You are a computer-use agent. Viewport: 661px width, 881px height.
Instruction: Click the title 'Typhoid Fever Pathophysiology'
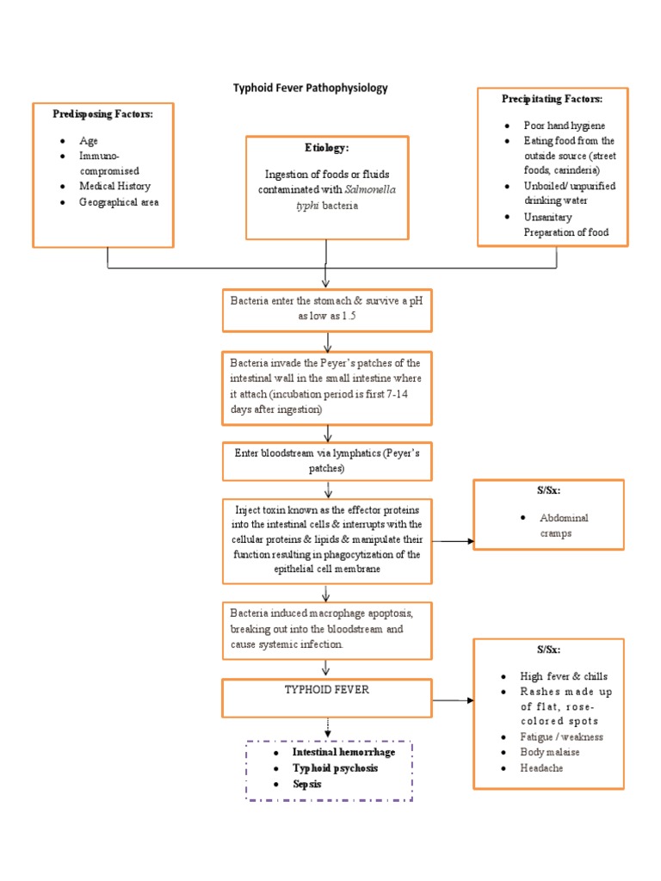[x=311, y=88]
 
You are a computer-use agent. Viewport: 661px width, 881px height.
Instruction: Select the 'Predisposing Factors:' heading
[x=102, y=114]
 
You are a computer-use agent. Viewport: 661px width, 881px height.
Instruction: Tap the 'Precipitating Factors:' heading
[x=552, y=99]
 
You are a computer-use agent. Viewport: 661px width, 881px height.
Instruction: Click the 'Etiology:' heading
[x=326, y=148]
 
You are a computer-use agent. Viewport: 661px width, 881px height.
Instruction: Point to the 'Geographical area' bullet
[x=119, y=202]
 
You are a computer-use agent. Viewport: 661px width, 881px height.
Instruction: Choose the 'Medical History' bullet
[x=114, y=186]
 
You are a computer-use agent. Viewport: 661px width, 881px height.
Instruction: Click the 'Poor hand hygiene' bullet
[x=564, y=126]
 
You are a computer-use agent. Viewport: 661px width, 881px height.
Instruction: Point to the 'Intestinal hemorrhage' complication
[x=343, y=752]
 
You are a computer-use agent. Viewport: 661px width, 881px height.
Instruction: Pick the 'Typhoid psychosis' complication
[x=335, y=767]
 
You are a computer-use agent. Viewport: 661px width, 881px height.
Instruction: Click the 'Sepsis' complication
[x=307, y=784]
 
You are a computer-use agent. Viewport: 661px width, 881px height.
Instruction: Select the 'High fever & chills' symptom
[x=564, y=676]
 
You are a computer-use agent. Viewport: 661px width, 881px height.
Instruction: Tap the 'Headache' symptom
[x=541, y=768]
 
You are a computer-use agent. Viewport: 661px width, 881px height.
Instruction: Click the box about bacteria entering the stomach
[x=326, y=309]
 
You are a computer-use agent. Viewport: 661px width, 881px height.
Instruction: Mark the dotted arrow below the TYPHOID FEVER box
[x=327, y=729]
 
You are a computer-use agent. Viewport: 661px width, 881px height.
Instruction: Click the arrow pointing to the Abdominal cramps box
[x=453, y=541]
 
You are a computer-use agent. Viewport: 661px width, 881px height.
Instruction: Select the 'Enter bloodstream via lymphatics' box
[x=326, y=460]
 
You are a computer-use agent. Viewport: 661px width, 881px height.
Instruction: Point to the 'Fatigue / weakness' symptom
[x=561, y=737]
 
